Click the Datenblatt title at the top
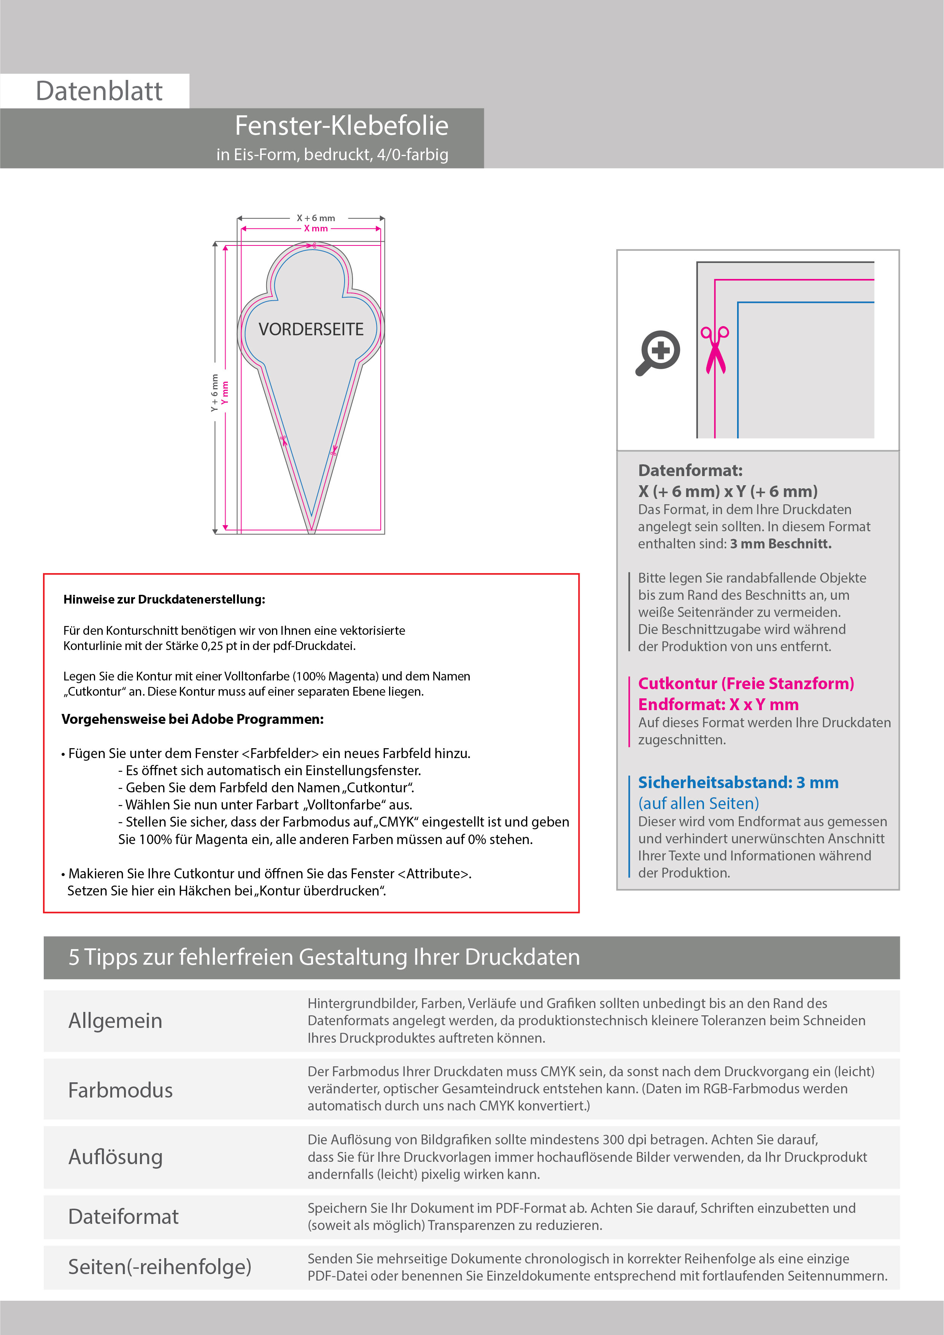click(x=99, y=91)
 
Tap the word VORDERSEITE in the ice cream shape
click(x=311, y=330)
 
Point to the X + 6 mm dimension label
click(x=316, y=218)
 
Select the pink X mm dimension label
click(x=316, y=228)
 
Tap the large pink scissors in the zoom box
click(x=715, y=349)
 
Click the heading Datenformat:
click(x=690, y=470)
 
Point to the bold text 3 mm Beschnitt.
click(x=781, y=544)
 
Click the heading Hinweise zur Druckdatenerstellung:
click(x=164, y=599)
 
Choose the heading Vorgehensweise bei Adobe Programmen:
click(x=192, y=719)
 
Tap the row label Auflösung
click(x=115, y=1157)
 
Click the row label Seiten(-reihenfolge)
click(x=160, y=1266)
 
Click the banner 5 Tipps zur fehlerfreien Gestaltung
click(x=324, y=957)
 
